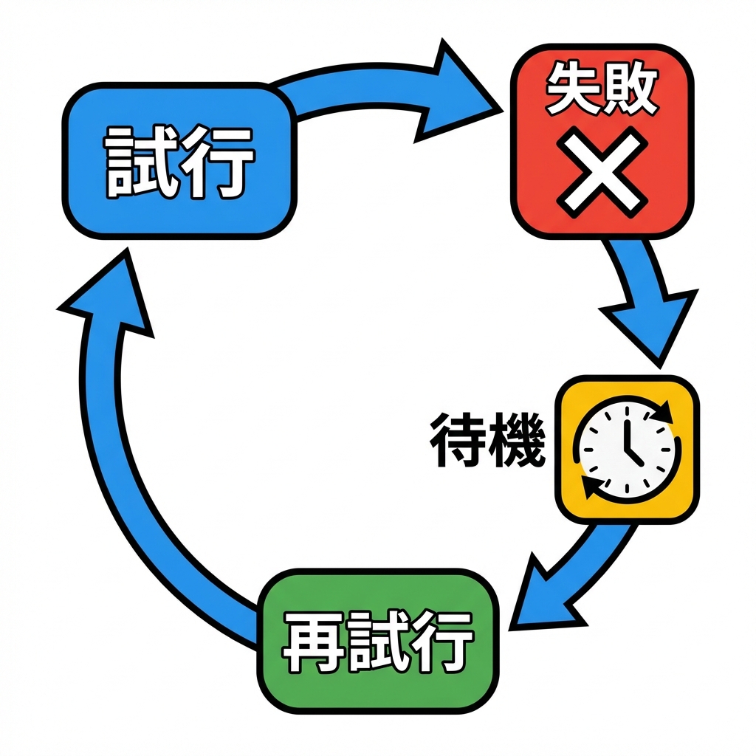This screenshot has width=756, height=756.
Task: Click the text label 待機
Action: pos(487,441)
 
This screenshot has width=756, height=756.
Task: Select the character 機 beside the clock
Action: pos(517,441)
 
